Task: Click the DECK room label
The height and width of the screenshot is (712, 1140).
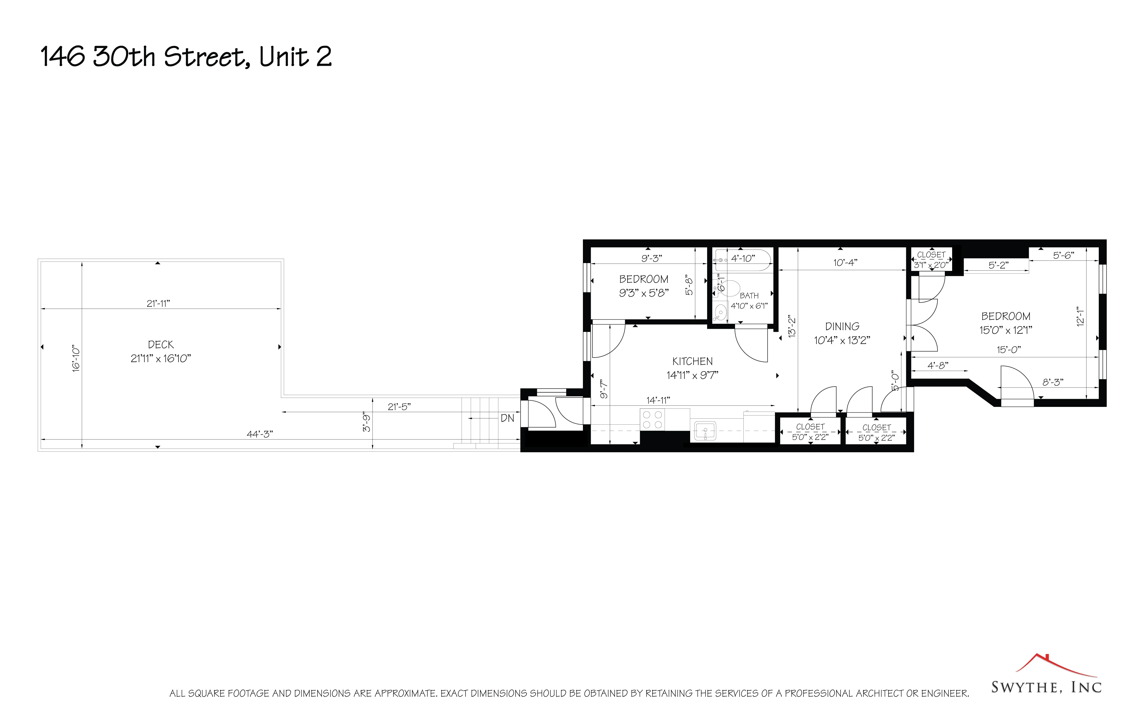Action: [160, 345]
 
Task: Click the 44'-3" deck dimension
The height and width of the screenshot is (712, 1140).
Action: [260, 434]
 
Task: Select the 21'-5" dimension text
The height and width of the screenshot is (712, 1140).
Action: [399, 407]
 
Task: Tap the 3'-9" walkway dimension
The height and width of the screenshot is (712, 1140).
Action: [367, 422]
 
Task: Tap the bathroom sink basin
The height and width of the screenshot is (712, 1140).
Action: [720, 312]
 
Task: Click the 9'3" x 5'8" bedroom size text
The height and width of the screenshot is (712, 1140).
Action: [643, 293]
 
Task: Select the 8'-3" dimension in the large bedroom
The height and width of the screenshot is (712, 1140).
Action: [1052, 382]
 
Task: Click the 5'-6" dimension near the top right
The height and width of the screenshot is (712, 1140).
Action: [1063, 255]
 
